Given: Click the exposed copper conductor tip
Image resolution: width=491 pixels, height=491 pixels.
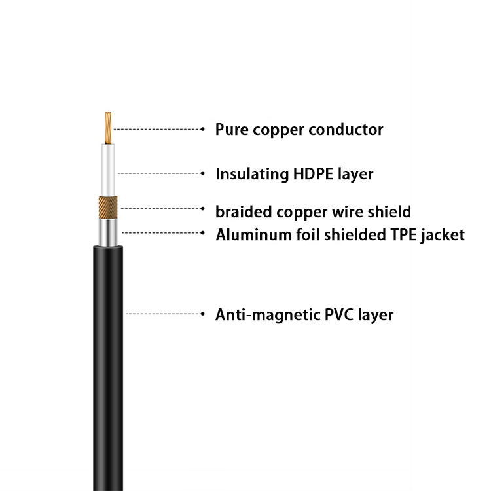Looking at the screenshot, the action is [x=107, y=128].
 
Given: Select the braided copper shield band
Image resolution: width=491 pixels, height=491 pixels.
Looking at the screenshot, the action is [x=108, y=209].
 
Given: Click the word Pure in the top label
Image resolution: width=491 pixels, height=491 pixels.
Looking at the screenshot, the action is [x=230, y=130].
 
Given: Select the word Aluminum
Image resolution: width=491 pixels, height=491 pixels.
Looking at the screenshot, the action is [x=245, y=234].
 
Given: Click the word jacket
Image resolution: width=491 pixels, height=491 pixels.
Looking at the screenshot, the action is [x=443, y=235].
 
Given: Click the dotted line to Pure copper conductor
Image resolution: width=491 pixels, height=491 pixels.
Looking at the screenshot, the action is [x=157, y=130].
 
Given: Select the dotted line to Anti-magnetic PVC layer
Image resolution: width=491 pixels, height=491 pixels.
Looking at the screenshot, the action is [x=164, y=314].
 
